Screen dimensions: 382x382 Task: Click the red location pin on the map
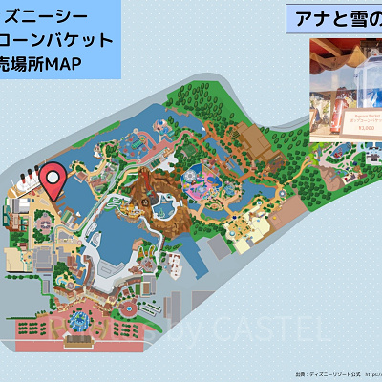pos(57,179)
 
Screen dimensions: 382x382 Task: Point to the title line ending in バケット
pos(57,40)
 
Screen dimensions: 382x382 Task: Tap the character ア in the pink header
pos(299,20)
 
